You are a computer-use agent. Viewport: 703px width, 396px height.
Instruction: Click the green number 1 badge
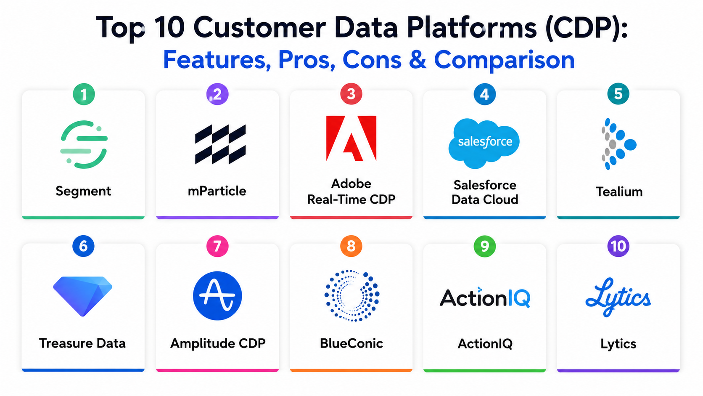tap(84, 94)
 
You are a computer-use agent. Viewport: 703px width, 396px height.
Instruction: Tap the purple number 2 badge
tap(217, 94)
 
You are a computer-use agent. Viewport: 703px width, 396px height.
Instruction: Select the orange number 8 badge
tap(351, 246)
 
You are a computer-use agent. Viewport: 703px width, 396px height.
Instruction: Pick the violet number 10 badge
tap(618, 246)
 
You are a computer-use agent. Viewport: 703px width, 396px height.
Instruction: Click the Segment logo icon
tap(84, 144)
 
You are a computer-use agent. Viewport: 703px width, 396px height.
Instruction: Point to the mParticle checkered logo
tap(220, 144)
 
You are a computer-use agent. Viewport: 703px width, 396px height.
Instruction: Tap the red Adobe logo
tap(351, 138)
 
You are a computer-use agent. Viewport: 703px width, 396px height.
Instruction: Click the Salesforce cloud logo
tap(484, 143)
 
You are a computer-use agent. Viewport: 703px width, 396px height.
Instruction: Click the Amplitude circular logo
tap(217, 296)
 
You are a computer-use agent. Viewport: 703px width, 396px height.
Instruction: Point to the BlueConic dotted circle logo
tap(352, 295)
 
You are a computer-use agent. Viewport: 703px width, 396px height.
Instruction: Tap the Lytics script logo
tap(618, 297)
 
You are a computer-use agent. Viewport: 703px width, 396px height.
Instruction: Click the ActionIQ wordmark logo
tap(485, 298)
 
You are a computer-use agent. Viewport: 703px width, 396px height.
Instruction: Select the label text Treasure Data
tap(82, 343)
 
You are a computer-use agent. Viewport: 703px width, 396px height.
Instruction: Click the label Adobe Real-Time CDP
tap(351, 191)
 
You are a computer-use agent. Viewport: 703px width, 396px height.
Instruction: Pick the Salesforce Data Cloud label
tap(485, 192)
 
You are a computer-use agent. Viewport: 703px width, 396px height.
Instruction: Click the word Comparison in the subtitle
tap(505, 60)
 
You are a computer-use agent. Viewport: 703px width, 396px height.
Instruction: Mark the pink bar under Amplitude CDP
tap(217, 371)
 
